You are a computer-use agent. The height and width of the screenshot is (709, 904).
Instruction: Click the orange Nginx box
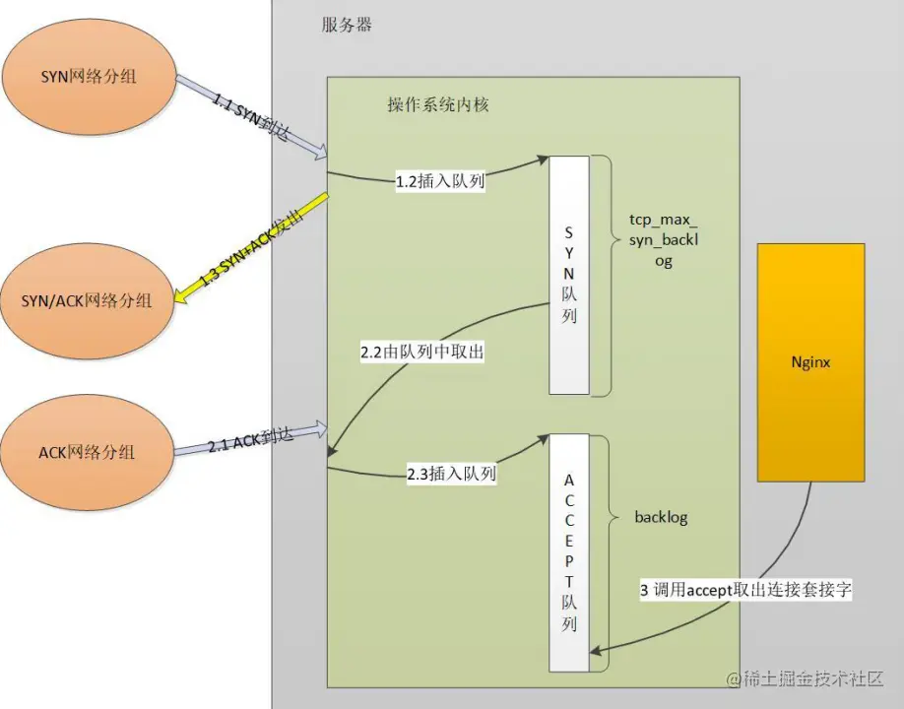[810, 362]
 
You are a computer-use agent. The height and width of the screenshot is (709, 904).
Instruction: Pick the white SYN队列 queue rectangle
[570, 275]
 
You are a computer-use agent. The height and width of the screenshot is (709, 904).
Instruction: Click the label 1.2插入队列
[439, 182]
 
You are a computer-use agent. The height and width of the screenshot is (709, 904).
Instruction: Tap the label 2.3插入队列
[451, 474]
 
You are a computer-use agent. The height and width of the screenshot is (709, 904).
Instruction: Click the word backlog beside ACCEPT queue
[660, 517]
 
